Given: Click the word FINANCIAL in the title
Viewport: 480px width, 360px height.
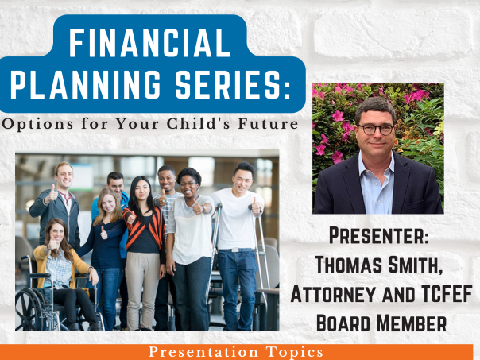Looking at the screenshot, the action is pos(149,43).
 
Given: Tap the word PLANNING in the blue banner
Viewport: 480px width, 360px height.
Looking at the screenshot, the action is pos(85,84).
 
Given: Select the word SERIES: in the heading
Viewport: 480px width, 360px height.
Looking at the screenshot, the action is pos(233,84).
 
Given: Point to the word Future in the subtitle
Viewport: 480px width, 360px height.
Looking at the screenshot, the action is pos(268,124).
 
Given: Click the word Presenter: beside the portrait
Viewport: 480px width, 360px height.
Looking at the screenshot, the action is pos(378,236).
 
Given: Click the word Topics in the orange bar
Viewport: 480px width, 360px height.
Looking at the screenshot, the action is pos(294,352).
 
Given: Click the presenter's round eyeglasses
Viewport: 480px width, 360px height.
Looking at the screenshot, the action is pos(376,130).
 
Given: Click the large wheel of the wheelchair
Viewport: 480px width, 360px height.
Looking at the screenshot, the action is pos(29,310).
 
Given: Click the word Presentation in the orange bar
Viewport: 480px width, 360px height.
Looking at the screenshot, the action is pos(203,352).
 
